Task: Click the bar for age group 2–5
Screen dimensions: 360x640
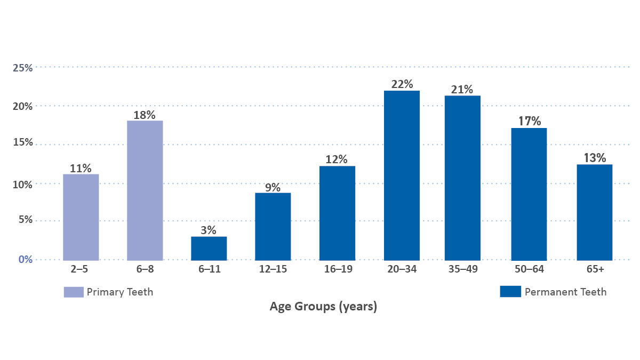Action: click(x=81, y=217)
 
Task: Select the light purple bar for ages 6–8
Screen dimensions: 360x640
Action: click(x=145, y=190)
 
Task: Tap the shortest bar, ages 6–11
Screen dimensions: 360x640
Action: click(x=209, y=248)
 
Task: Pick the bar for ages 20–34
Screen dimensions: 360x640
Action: click(x=402, y=175)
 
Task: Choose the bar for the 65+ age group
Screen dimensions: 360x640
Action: click(x=594, y=212)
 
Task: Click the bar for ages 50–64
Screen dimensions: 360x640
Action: click(x=529, y=194)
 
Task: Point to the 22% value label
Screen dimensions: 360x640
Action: click(x=402, y=84)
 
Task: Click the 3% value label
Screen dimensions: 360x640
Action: click(x=209, y=230)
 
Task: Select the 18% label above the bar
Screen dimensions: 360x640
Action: click(x=145, y=115)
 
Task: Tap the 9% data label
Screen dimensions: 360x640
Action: click(x=273, y=187)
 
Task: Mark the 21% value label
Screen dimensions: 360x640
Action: click(x=462, y=89)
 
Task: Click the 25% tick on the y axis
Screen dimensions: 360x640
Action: click(x=23, y=68)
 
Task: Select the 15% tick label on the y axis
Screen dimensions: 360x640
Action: click(x=23, y=143)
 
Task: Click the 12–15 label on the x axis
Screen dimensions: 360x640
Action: click(x=273, y=269)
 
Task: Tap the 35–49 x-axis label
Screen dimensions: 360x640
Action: click(x=462, y=269)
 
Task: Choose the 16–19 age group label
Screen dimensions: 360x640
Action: click(x=337, y=269)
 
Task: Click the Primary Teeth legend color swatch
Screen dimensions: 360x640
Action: click(x=74, y=292)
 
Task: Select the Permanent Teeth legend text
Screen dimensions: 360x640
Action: click(x=565, y=292)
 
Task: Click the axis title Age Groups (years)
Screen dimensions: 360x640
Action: click(x=323, y=307)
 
